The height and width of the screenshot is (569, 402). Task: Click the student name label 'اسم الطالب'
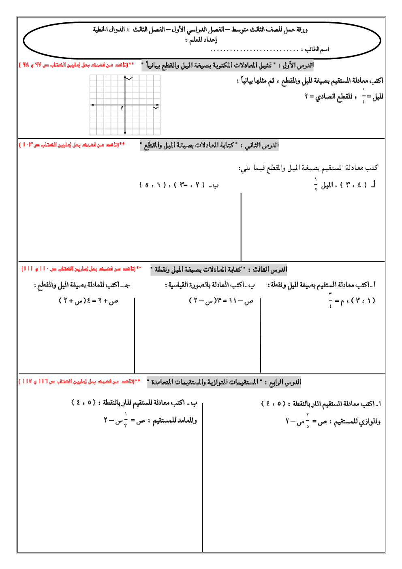point(317,49)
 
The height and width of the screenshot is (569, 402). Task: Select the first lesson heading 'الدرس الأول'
point(298,65)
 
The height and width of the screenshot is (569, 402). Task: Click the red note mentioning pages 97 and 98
point(77,65)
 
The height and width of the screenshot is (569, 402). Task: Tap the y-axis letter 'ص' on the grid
point(129,78)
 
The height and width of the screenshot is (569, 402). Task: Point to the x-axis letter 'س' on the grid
point(156,107)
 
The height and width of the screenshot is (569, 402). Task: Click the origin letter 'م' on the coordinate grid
point(122,108)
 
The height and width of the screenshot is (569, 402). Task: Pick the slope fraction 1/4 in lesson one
point(364,96)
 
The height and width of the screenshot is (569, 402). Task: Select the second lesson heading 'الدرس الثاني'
point(262,145)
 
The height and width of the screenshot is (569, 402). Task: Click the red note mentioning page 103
point(72,145)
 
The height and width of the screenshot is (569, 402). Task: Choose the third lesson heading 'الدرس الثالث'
point(270,270)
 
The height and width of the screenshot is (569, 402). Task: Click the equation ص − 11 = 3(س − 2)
point(221,301)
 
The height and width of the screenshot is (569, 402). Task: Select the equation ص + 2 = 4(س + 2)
point(89,301)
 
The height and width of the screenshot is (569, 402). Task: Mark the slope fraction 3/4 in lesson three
point(330,300)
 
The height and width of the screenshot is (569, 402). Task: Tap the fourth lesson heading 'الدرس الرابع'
point(285,382)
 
